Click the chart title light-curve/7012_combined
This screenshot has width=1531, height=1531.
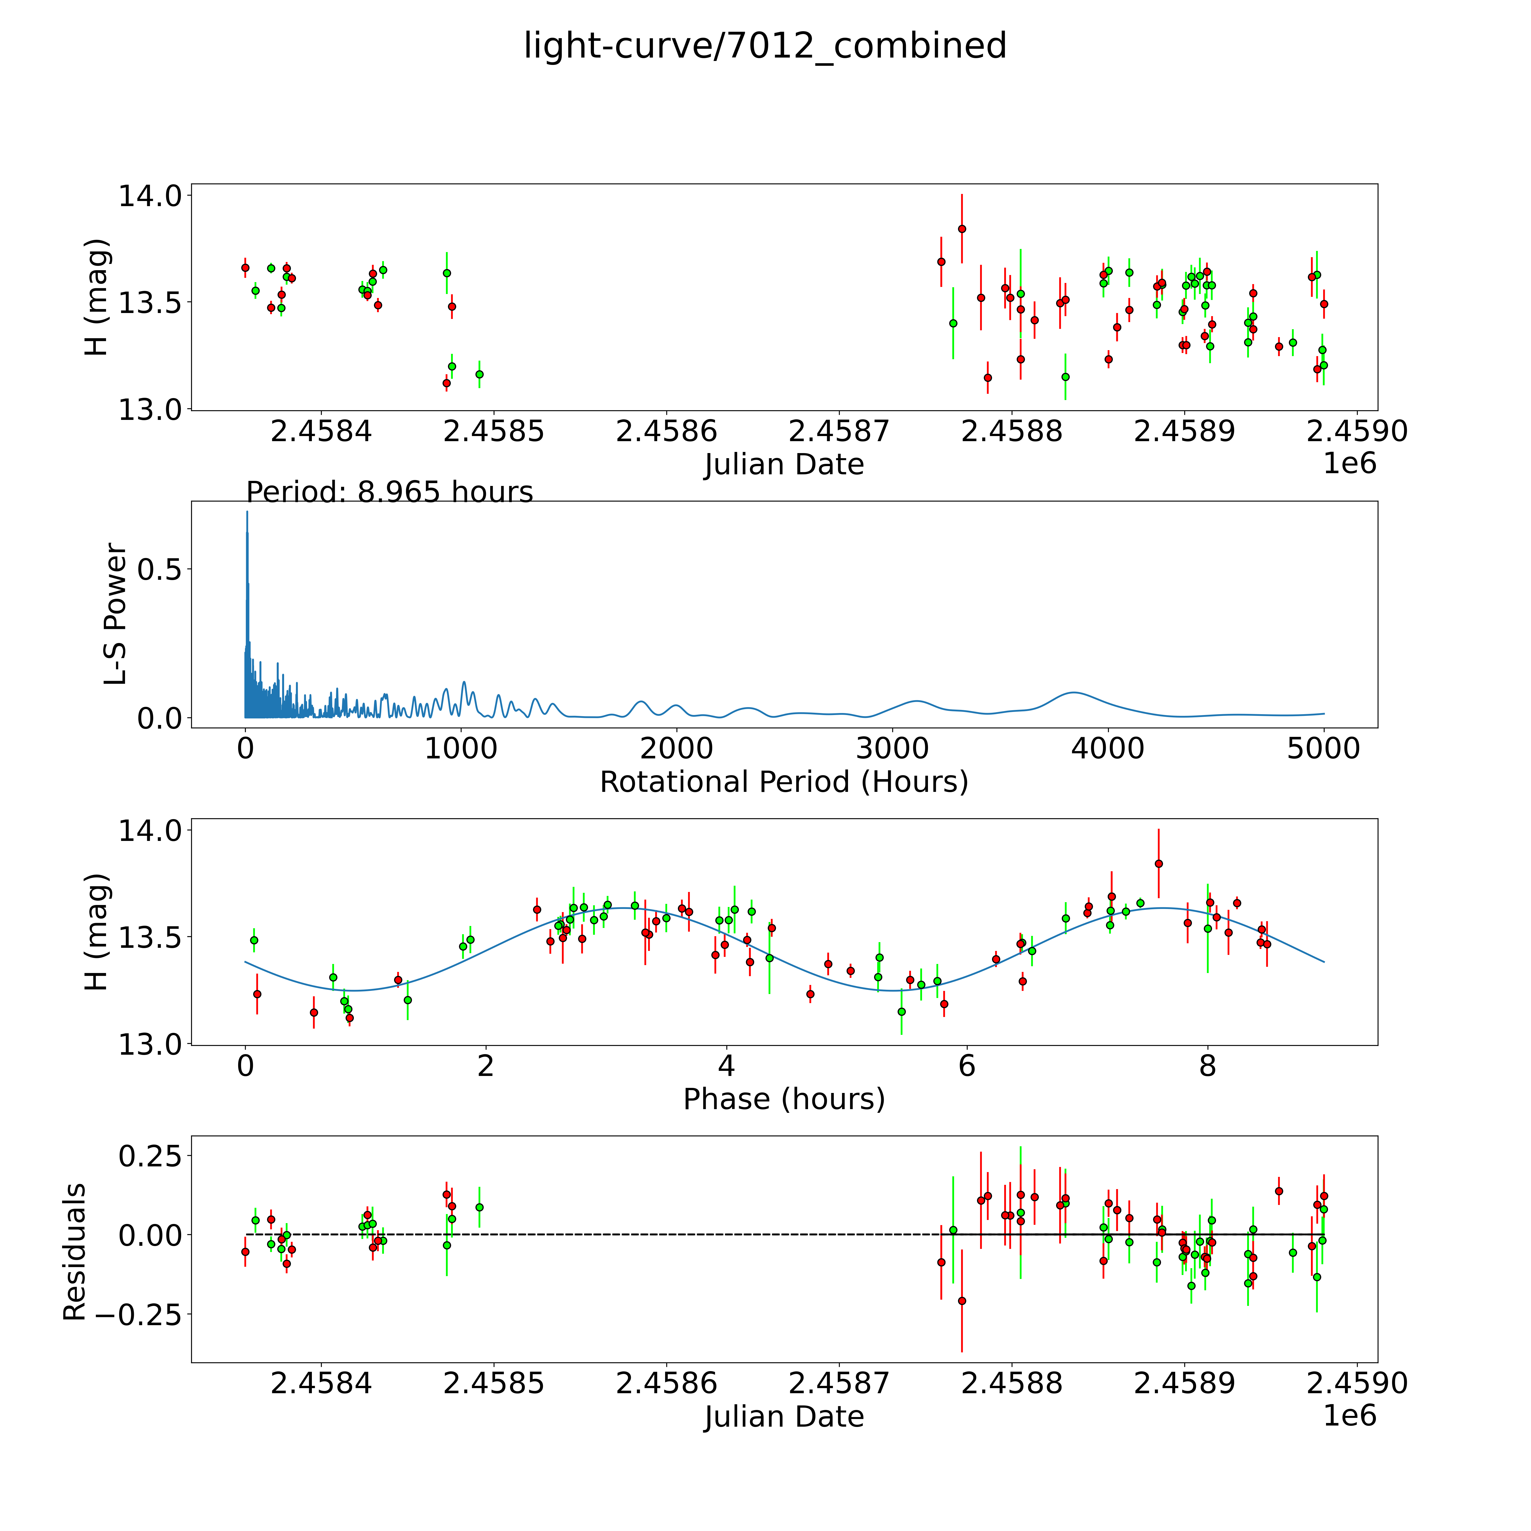click(x=765, y=46)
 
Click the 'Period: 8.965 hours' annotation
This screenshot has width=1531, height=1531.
click(x=389, y=492)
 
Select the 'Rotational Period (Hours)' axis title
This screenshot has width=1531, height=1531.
click(x=784, y=782)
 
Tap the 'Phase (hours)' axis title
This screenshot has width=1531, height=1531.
click(x=784, y=1099)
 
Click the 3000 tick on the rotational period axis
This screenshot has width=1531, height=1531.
click(x=892, y=748)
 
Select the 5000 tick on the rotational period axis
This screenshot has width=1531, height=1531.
click(x=1323, y=748)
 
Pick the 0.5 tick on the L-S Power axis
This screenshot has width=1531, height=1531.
click(x=160, y=570)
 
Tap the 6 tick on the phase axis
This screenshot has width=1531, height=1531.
click(x=967, y=1066)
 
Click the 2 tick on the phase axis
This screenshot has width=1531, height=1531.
click(x=486, y=1066)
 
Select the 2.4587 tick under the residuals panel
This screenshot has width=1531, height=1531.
click(x=838, y=1383)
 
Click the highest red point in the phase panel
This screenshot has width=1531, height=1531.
click(x=1158, y=864)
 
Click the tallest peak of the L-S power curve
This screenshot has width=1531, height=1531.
click(x=246, y=513)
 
